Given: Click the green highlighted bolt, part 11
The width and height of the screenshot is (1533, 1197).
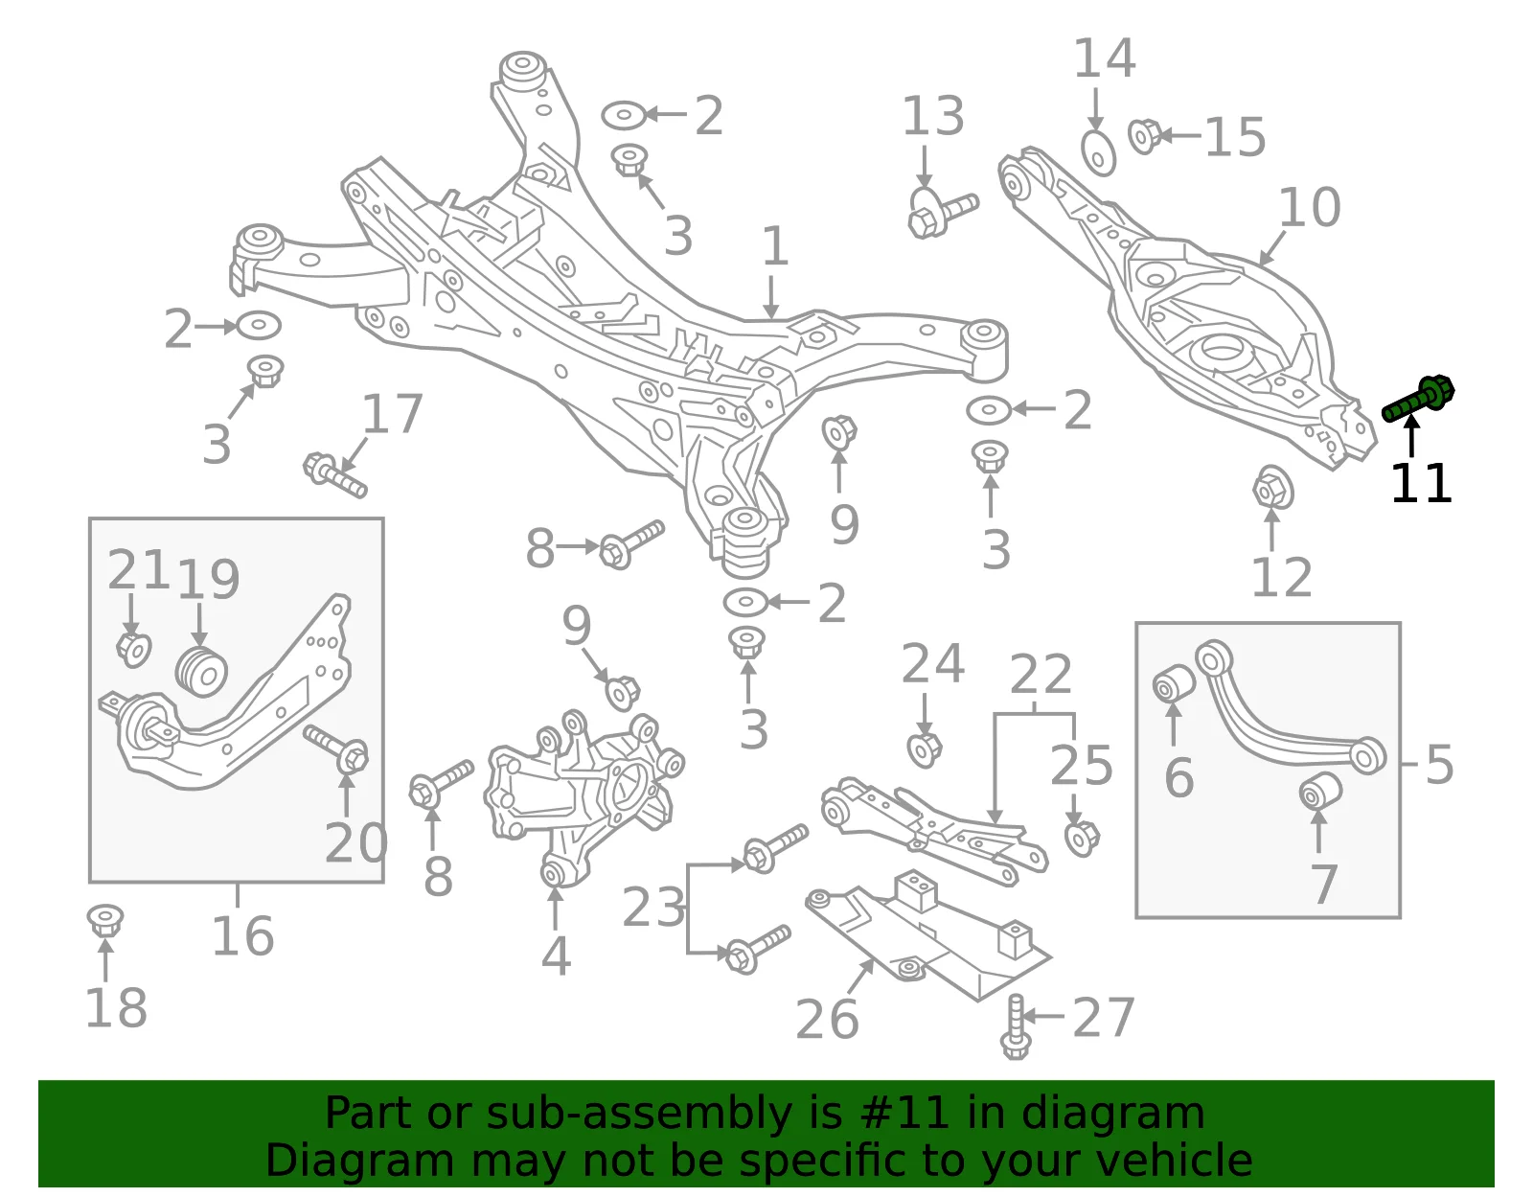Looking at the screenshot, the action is [1418, 400].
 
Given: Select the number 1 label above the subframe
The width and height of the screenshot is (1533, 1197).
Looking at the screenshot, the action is [775, 246].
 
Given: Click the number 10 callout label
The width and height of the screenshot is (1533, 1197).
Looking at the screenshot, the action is [1310, 207].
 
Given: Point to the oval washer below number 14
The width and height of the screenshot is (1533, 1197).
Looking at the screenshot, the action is [1098, 152].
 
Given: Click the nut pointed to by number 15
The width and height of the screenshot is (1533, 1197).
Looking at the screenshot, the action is [1144, 136].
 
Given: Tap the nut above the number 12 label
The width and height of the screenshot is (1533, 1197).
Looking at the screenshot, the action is [1272, 488].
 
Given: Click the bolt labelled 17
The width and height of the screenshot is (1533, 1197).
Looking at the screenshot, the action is [334, 475].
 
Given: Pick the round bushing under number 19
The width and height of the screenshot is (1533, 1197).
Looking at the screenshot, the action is [201, 671].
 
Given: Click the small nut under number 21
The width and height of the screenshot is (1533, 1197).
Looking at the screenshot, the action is [133, 650].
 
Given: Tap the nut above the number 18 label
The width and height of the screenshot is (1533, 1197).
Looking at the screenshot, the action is [105, 920].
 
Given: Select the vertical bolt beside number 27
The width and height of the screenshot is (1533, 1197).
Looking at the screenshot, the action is [1016, 1026].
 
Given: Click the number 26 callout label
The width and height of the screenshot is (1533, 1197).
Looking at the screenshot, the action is [827, 1019].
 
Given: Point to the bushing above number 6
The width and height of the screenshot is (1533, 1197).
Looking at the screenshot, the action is [1173, 682].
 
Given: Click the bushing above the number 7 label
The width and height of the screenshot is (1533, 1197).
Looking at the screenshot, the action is [1320, 792].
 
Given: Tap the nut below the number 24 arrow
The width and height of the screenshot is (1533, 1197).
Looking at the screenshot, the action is [925, 750].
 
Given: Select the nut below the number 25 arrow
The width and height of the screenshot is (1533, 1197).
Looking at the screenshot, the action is [1082, 838].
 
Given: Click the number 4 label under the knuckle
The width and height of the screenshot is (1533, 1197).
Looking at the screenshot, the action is [556, 956].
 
